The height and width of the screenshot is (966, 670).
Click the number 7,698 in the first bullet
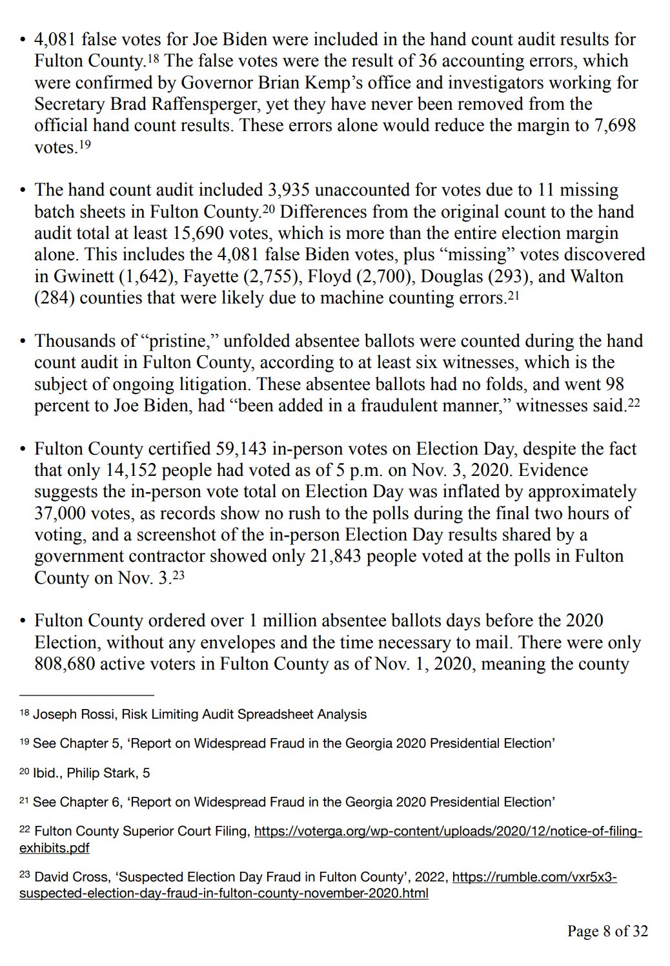(614, 125)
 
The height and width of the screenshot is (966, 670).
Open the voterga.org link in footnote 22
(448, 832)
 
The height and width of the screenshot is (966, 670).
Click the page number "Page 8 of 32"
(607, 931)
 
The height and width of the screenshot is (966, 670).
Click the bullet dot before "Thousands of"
(23, 342)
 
